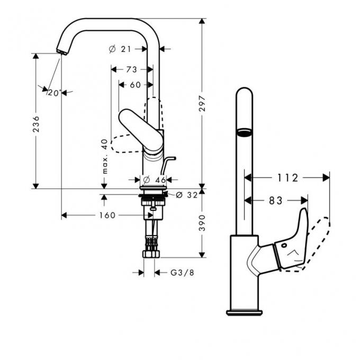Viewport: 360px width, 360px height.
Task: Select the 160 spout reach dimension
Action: click(107, 215)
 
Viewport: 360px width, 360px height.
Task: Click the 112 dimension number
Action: click(288, 178)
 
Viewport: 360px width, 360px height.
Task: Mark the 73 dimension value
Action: click(132, 69)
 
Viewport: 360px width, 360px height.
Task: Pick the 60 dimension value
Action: click(136, 85)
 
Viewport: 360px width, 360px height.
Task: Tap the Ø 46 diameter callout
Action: click(155, 180)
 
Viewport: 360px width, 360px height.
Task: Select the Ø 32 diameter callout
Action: click(186, 195)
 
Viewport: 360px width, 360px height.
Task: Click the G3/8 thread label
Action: click(182, 273)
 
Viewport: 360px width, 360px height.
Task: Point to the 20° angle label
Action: click(54, 93)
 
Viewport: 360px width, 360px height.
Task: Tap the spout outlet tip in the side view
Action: click(62, 51)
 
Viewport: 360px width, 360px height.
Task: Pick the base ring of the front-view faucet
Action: click(244, 312)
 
